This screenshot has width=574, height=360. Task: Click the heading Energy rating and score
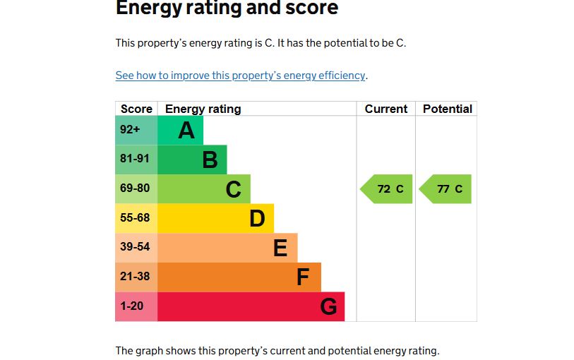tap(227, 8)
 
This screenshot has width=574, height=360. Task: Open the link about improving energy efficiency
tap(240, 76)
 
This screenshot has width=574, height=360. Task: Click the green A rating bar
tap(181, 130)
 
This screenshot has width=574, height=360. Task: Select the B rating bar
tap(192, 160)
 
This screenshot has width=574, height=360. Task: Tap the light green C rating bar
tap(204, 189)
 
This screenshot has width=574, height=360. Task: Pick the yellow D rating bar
tap(215, 218)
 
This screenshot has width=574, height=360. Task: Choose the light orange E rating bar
tap(227, 248)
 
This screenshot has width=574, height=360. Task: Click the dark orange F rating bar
tap(239, 277)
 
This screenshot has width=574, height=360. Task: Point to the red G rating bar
tap(251, 306)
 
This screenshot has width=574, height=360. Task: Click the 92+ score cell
tap(136, 130)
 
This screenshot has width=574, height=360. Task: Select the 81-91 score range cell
tap(136, 160)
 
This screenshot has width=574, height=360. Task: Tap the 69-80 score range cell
tap(136, 189)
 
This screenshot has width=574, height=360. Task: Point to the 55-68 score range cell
tap(136, 218)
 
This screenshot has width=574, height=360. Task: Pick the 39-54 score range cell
tap(136, 248)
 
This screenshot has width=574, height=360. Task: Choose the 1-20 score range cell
tap(136, 306)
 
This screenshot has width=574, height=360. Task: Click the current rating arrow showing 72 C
tap(388, 189)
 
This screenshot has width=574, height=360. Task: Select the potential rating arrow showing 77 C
tap(446, 189)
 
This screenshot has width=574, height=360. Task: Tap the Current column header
tap(386, 109)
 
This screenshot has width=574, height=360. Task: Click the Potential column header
tap(447, 109)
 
